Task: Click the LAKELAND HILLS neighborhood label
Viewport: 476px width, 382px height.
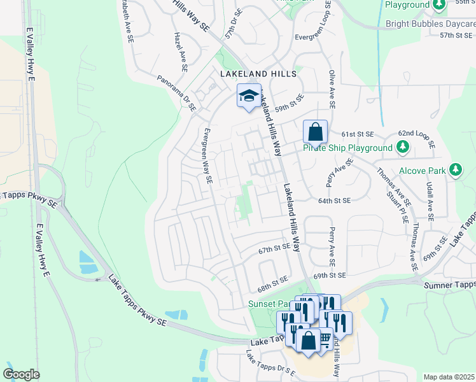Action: (x=258, y=74)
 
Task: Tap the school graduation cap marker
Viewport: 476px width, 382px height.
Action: (x=249, y=96)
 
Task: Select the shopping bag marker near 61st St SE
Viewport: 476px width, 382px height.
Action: (x=315, y=132)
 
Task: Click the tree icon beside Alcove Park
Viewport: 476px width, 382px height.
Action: (x=455, y=170)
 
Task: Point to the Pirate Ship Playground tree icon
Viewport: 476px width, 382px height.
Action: (x=402, y=148)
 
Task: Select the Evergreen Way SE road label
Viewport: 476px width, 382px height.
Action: (x=206, y=157)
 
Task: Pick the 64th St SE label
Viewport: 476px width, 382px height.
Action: (x=335, y=201)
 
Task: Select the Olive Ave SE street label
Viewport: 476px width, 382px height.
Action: (x=331, y=89)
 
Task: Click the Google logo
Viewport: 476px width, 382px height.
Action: (x=21, y=374)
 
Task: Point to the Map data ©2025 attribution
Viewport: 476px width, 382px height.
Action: (x=449, y=377)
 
